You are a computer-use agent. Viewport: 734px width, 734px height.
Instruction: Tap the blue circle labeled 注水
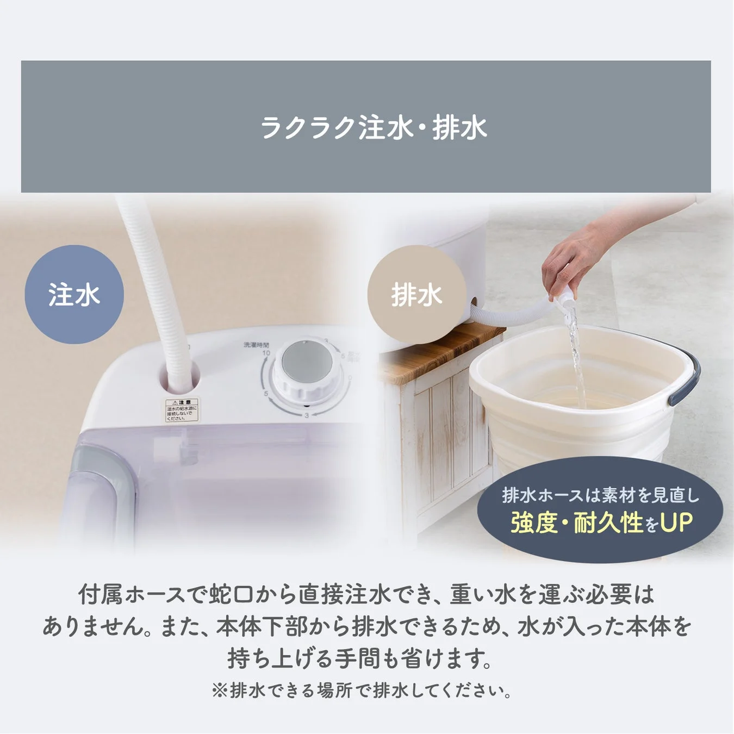(74, 294)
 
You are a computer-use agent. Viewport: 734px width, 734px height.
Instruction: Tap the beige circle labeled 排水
(416, 295)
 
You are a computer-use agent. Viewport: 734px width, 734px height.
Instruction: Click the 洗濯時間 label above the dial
(256, 345)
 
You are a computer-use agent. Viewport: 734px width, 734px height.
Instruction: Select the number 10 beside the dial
(266, 353)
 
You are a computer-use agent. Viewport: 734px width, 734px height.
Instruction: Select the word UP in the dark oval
(676, 523)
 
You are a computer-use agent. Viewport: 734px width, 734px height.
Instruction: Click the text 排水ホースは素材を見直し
(600, 495)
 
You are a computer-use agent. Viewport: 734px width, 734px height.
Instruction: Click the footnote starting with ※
(362, 691)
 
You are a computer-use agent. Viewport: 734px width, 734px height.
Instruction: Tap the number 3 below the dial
(307, 415)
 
